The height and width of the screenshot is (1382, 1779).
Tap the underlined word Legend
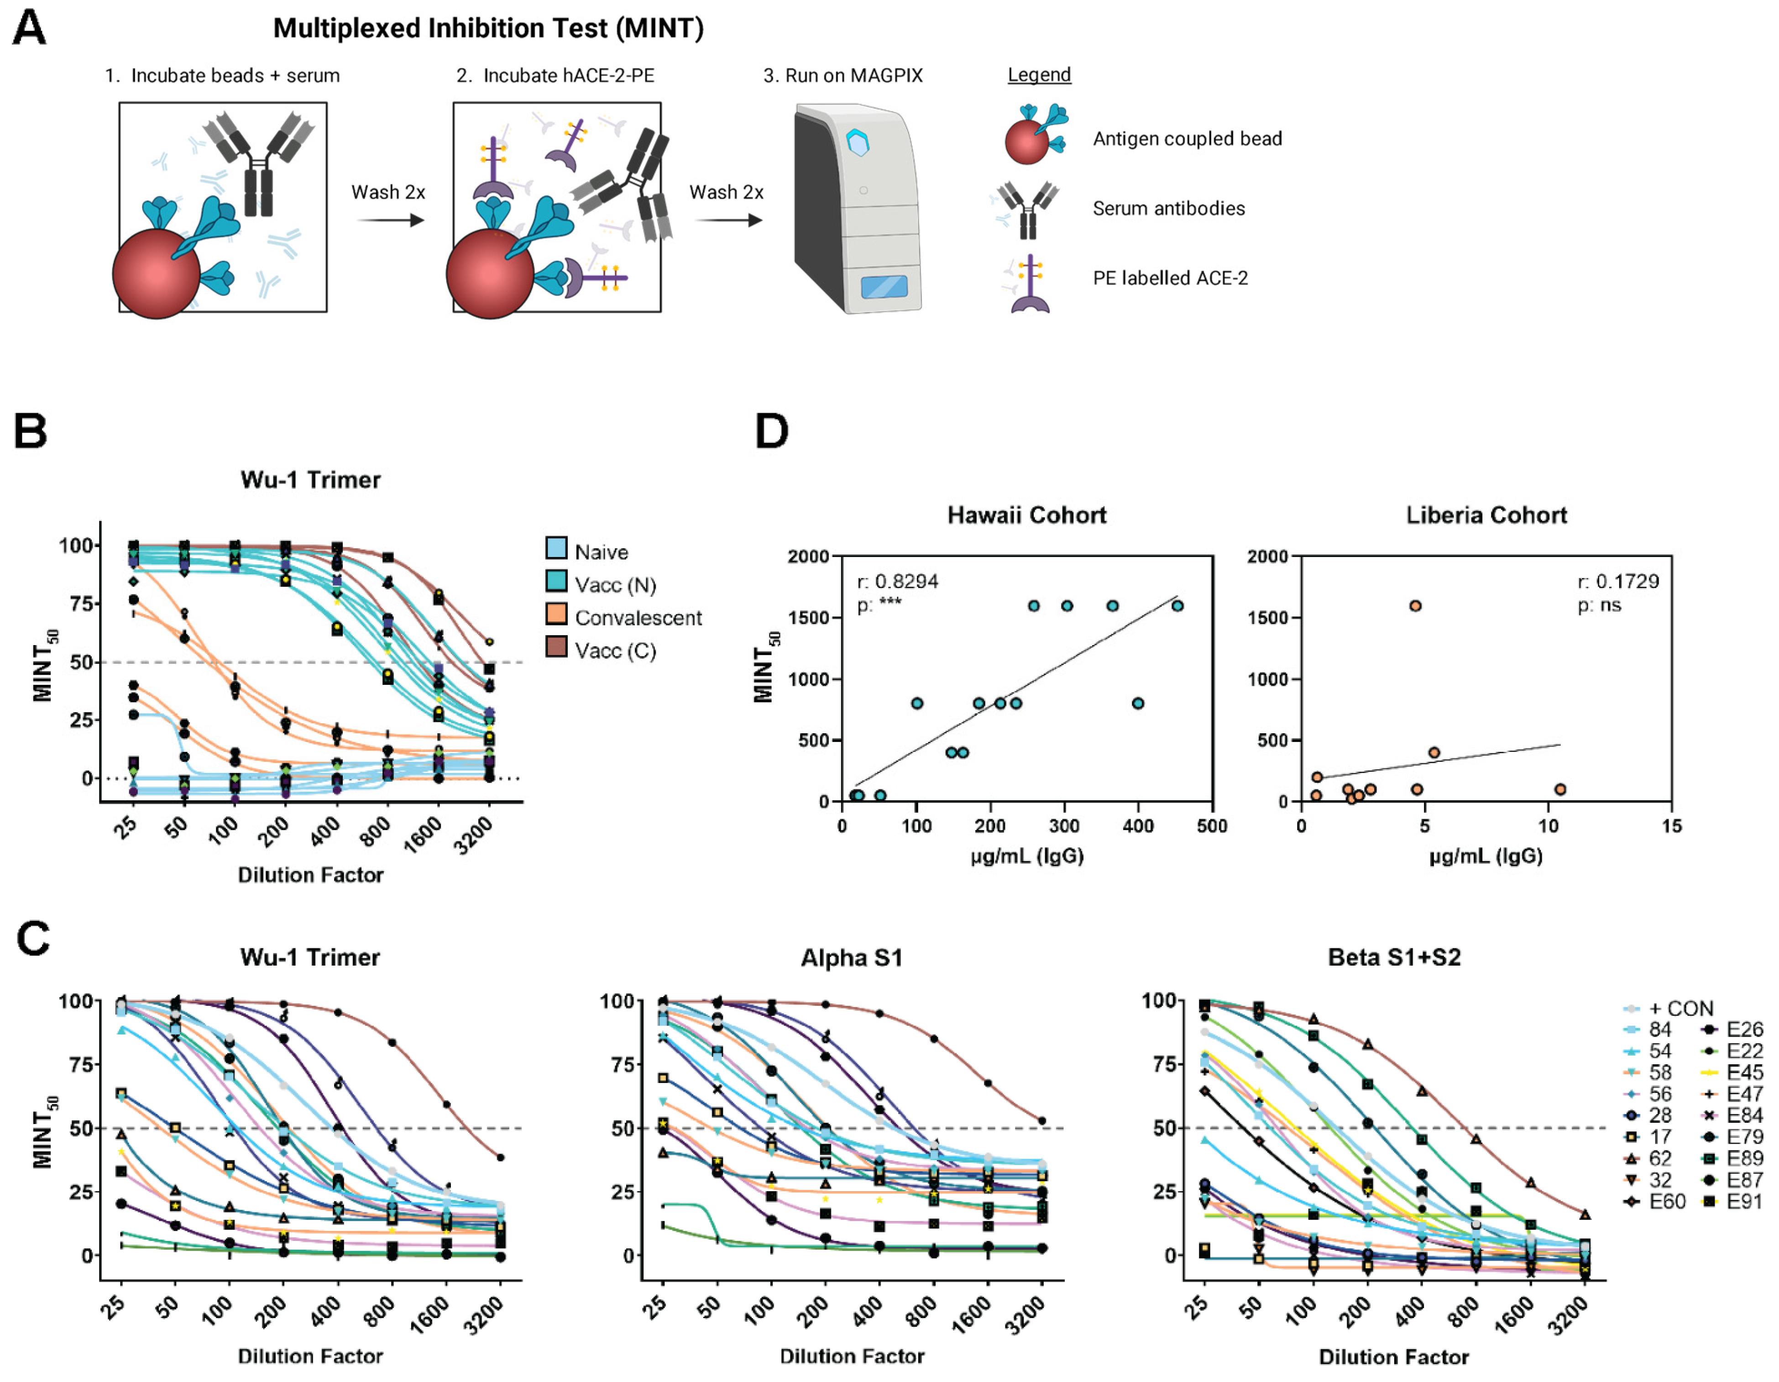[1039, 75]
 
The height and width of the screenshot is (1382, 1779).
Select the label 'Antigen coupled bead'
[1187, 139]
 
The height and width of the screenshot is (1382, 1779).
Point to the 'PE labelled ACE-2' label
[1170, 279]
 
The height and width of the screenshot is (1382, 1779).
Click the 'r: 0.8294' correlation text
[897, 582]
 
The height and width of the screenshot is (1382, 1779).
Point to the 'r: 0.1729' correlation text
[1618, 582]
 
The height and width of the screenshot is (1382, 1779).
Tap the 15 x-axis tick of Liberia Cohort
[1671, 826]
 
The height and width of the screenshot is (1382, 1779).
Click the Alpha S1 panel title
[851, 957]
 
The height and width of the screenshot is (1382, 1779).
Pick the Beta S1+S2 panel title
[1394, 957]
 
